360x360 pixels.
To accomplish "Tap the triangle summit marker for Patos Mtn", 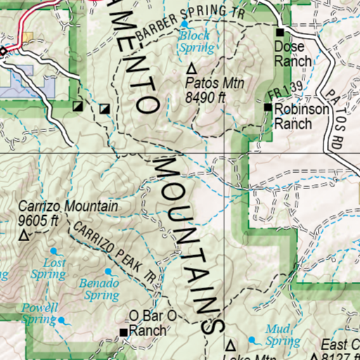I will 192,69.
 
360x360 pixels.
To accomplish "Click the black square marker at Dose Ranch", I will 280,33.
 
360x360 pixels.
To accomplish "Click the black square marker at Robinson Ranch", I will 268,107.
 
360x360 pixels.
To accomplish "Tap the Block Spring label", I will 196,41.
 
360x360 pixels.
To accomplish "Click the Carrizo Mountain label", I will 67,207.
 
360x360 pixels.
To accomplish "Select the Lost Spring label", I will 49,269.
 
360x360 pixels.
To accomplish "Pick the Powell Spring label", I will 39,314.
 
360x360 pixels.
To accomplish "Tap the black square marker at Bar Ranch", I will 124,332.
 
